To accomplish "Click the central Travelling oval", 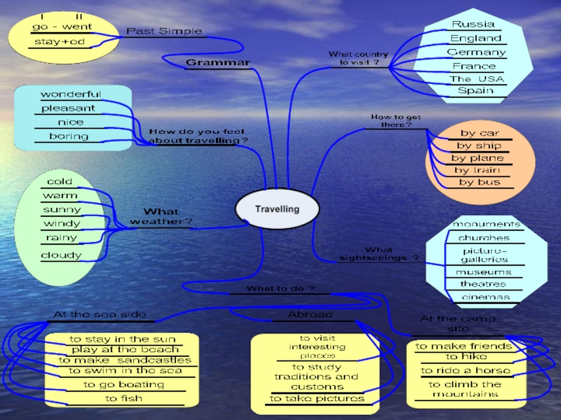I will pos(277,209).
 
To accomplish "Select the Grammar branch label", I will pos(217,63).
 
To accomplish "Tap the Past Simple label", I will pos(164,31).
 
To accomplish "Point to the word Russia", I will pos(473,24).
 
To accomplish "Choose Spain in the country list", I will pos(475,91).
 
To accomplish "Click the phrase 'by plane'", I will pos(478,158).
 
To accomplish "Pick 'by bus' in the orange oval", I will pos(480,183).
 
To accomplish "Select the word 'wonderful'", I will pos(71,94).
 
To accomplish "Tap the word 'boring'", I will pos(69,136).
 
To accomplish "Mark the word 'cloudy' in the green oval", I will pos(60,255).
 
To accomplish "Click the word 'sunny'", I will pos(62,210).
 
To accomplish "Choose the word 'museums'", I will pos(483,272).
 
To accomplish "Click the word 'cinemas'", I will pos(485,297).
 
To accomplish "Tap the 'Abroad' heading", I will pos(310,315).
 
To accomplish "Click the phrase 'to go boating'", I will pos(123,385).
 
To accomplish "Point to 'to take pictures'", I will pos(318,399).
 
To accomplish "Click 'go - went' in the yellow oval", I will pos(62,27).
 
